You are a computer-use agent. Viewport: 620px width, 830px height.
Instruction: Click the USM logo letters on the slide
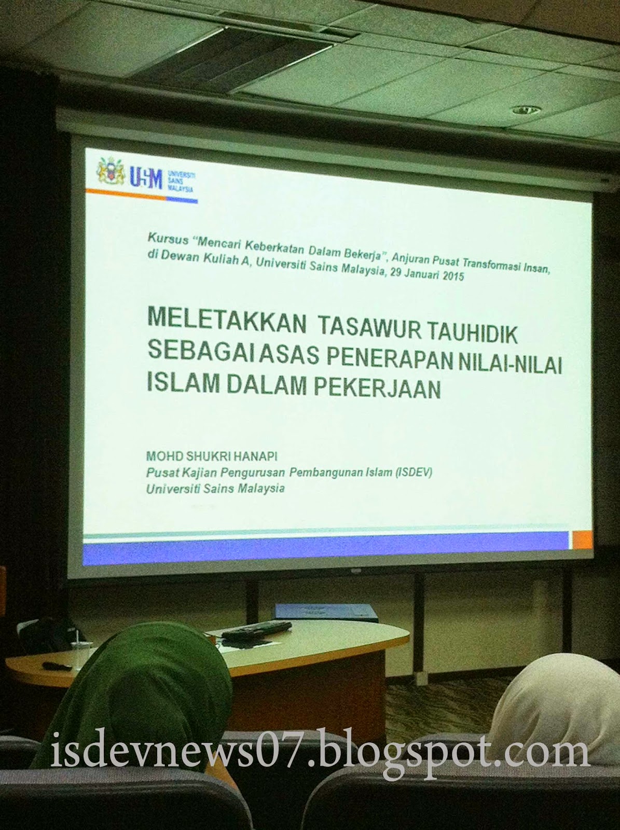(x=146, y=178)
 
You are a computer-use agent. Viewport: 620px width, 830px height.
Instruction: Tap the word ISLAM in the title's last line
(x=181, y=381)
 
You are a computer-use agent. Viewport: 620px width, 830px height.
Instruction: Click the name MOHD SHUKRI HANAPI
(x=212, y=457)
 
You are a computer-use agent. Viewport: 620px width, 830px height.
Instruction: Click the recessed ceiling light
(x=529, y=110)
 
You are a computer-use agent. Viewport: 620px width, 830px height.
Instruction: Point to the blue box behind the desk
(x=327, y=613)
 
